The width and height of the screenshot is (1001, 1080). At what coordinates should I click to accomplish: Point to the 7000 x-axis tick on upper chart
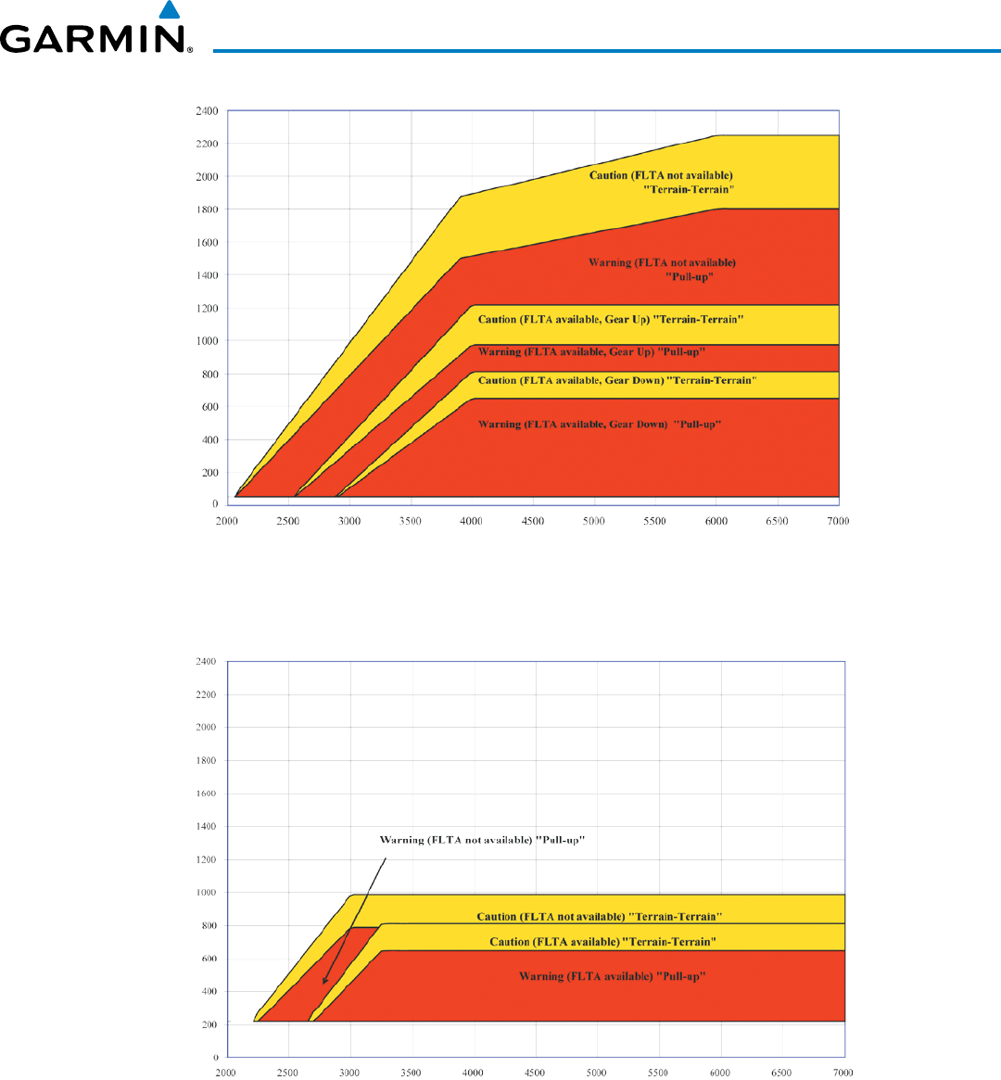coord(838,521)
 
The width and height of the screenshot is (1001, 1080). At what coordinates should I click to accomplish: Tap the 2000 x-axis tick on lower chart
coord(226,1073)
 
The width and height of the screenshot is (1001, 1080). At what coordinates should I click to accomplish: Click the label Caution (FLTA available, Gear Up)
coord(612,320)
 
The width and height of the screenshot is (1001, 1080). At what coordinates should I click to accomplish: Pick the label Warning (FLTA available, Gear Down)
coord(599,425)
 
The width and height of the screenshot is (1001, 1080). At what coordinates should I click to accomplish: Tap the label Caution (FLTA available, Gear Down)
coord(617,380)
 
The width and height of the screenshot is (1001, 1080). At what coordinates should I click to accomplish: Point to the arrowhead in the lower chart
coord(324,981)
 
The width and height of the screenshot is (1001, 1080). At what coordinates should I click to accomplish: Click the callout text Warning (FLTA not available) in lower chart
coord(482,840)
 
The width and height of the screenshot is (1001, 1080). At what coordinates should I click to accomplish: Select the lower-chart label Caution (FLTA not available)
coord(599,917)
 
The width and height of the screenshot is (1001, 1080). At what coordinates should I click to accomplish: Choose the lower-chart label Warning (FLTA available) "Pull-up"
coord(613,976)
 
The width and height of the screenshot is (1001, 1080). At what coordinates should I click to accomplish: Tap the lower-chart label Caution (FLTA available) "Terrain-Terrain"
coord(603,942)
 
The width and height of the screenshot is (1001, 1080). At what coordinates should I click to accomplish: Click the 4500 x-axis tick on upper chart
coord(532,521)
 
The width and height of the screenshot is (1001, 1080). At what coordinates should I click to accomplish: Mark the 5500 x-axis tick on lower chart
coord(658,1073)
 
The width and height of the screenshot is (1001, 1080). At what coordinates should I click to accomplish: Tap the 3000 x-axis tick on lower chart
coord(349,1073)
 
